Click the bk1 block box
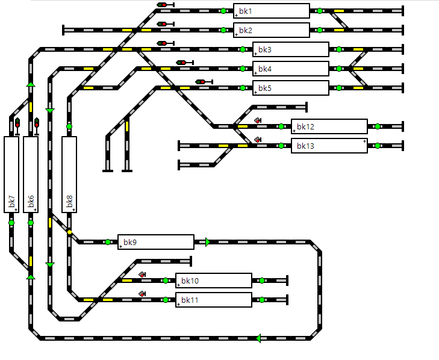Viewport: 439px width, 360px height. (271, 11)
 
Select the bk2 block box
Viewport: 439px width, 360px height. (271, 30)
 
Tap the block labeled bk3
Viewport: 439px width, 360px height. (290, 49)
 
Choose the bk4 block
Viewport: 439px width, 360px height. (290, 69)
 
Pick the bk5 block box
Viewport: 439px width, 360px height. (290, 88)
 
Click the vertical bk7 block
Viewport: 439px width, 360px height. (11, 175)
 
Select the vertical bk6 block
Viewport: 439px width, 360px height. (31, 175)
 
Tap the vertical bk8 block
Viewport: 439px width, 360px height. (69, 175)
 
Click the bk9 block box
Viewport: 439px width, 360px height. (155, 242)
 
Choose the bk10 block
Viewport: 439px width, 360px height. (213, 281)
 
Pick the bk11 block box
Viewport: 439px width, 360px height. (213, 300)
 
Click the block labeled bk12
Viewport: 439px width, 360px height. (329, 126)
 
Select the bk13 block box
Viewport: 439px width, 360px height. (329, 146)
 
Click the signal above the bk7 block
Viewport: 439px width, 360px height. (17, 124)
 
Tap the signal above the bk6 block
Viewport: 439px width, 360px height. (36, 124)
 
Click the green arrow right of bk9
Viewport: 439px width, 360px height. (208, 242)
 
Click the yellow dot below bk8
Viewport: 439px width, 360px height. (69, 232)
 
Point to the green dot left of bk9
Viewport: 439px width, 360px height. (108, 242)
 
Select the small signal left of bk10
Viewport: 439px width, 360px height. (142, 275)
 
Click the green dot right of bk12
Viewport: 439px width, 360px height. (378, 126)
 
